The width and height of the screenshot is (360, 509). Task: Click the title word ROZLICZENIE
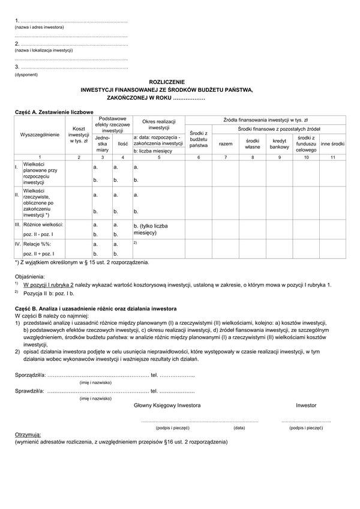click(x=167, y=81)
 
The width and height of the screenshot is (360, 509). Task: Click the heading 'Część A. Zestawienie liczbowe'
click(x=53, y=112)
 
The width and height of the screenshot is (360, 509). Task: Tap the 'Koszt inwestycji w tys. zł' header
click(x=79, y=136)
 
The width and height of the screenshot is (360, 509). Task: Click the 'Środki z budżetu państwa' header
click(x=198, y=139)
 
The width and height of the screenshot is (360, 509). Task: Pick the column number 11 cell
click(x=332, y=157)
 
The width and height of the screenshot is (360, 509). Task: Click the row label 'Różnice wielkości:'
click(x=43, y=224)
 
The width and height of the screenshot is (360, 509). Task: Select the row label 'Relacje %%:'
click(x=37, y=244)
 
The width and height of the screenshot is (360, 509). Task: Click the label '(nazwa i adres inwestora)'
click(x=40, y=28)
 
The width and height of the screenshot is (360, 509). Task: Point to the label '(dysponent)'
click(x=26, y=75)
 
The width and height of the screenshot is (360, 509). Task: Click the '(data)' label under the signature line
click(x=239, y=428)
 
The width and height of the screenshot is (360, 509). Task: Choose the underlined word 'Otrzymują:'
click(x=28, y=435)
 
